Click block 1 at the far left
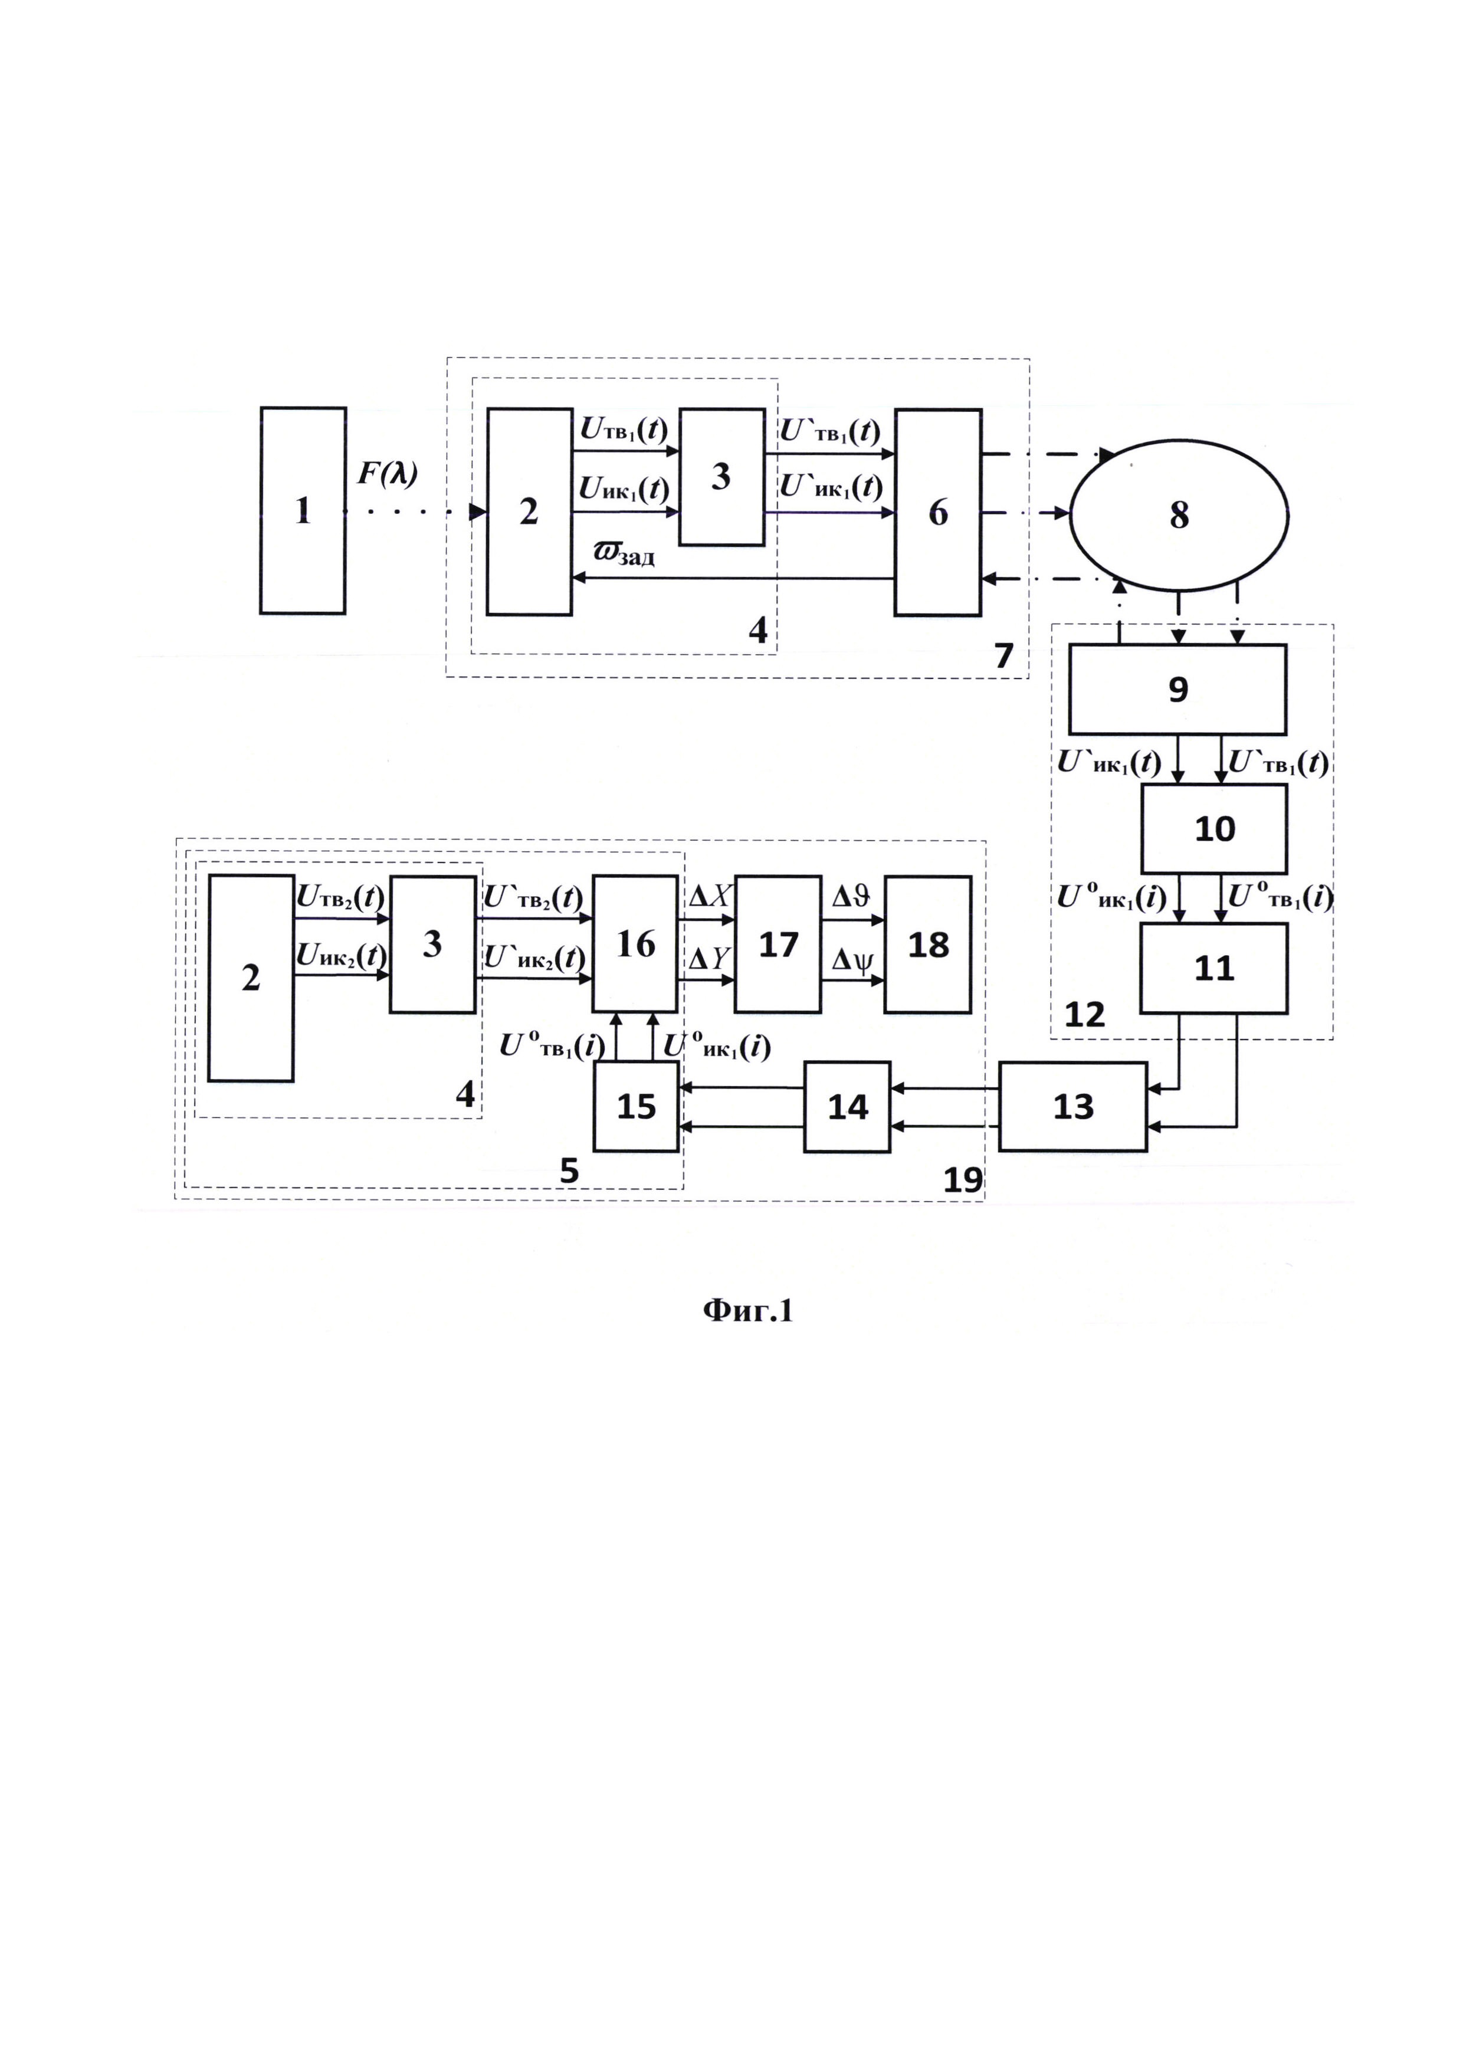click(303, 510)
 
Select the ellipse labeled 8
click(1178, 514)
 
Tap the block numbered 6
click(938, 512)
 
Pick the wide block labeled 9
click(1177, 689)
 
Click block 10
click(1213, 828)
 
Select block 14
click(847, 1107)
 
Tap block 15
click(636, 1107)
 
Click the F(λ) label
click(388, 474)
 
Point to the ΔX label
click(709, 897)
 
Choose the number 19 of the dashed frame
click(962, 1179)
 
